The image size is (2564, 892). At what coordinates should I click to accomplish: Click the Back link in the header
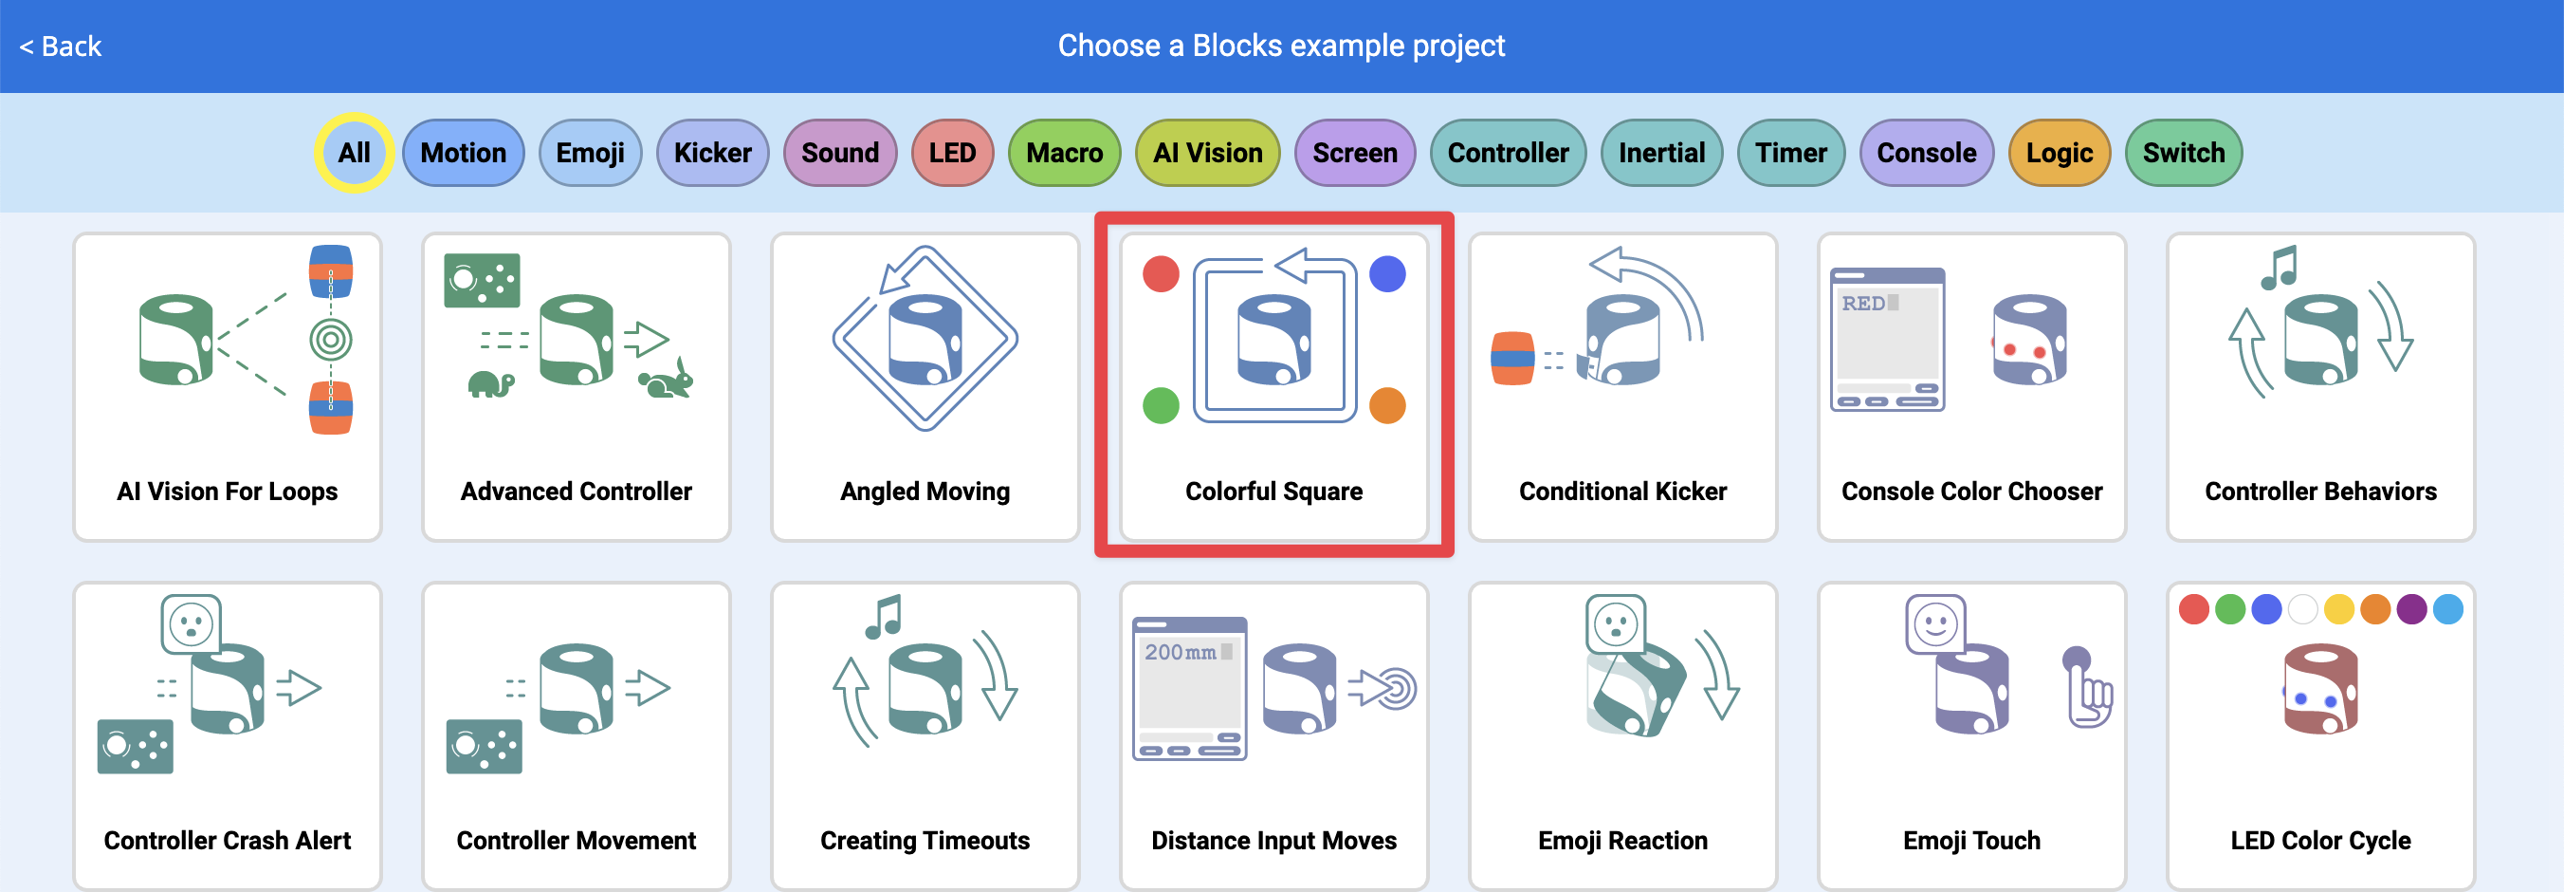(60, 46)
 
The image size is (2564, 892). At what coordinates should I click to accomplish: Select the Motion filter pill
(463, 153)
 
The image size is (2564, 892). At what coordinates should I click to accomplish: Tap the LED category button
(952, 153)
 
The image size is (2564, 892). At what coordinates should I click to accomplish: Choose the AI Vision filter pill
(1206, 153)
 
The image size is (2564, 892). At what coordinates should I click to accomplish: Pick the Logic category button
(2059, 153)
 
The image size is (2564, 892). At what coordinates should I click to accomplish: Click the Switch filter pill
(2183, 153)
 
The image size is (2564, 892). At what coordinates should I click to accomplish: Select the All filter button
(354, 153)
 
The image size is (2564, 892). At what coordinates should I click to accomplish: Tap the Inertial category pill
(1660, 153)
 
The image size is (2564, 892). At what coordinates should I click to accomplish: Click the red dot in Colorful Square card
(1161, 274)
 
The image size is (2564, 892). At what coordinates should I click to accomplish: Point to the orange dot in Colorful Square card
(1386, 405)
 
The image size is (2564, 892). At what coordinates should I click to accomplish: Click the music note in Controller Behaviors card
(2279, 268)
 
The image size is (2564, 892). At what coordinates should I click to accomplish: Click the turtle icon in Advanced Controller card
(489, 384)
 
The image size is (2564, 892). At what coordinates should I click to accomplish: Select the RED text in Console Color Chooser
(1862, 304)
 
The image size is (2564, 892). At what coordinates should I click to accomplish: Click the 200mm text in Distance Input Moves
(1181, 652)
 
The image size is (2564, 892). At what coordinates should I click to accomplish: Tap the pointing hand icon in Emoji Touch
(2087, 689)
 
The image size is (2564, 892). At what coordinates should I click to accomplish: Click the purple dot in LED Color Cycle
(2410, 609)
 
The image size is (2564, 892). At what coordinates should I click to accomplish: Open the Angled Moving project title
(925, 491)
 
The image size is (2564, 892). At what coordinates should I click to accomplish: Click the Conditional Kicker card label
(1622, 491)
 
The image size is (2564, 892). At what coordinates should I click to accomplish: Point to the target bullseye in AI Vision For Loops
(330, 341)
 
